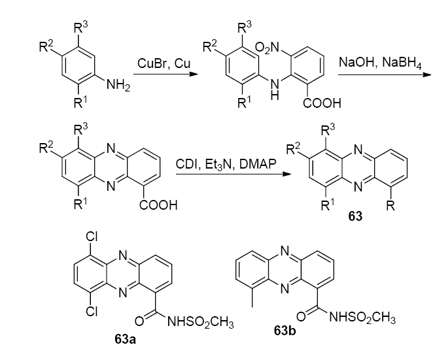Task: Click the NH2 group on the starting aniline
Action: point(117,84)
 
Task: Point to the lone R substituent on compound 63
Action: point(391,208)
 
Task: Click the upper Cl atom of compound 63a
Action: point(92,238)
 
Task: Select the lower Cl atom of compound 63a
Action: point(92,311)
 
